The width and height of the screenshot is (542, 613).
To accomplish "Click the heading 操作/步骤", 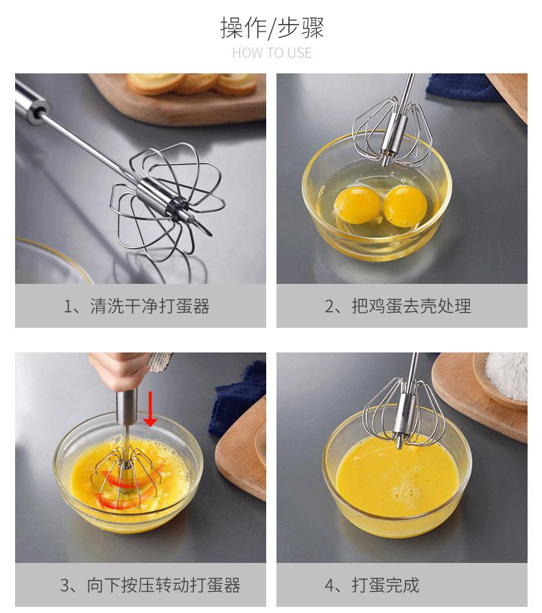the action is point(272,28).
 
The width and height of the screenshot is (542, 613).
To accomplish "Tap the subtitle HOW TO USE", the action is point(272,53).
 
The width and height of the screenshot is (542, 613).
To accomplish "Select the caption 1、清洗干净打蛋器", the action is point(137,306).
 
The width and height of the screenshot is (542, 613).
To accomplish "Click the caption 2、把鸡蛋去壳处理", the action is point(398,306).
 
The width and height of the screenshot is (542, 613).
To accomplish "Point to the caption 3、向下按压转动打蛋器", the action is point(150,586).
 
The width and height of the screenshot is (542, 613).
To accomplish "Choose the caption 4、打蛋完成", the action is point(372,586).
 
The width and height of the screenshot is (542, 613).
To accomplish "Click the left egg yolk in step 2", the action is point(357,205).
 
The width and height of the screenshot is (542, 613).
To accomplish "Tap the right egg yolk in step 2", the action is point(405,206).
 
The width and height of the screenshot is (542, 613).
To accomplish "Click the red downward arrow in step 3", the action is point(150,409).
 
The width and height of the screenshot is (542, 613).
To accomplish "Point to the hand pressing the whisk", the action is point(121,371).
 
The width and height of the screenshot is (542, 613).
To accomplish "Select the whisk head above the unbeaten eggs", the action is point(392,132).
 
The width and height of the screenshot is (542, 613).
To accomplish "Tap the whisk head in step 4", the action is point(404,412).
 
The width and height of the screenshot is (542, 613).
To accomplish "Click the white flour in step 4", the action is point(507,374).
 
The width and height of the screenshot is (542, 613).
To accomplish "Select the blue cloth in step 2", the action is point(463,88).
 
